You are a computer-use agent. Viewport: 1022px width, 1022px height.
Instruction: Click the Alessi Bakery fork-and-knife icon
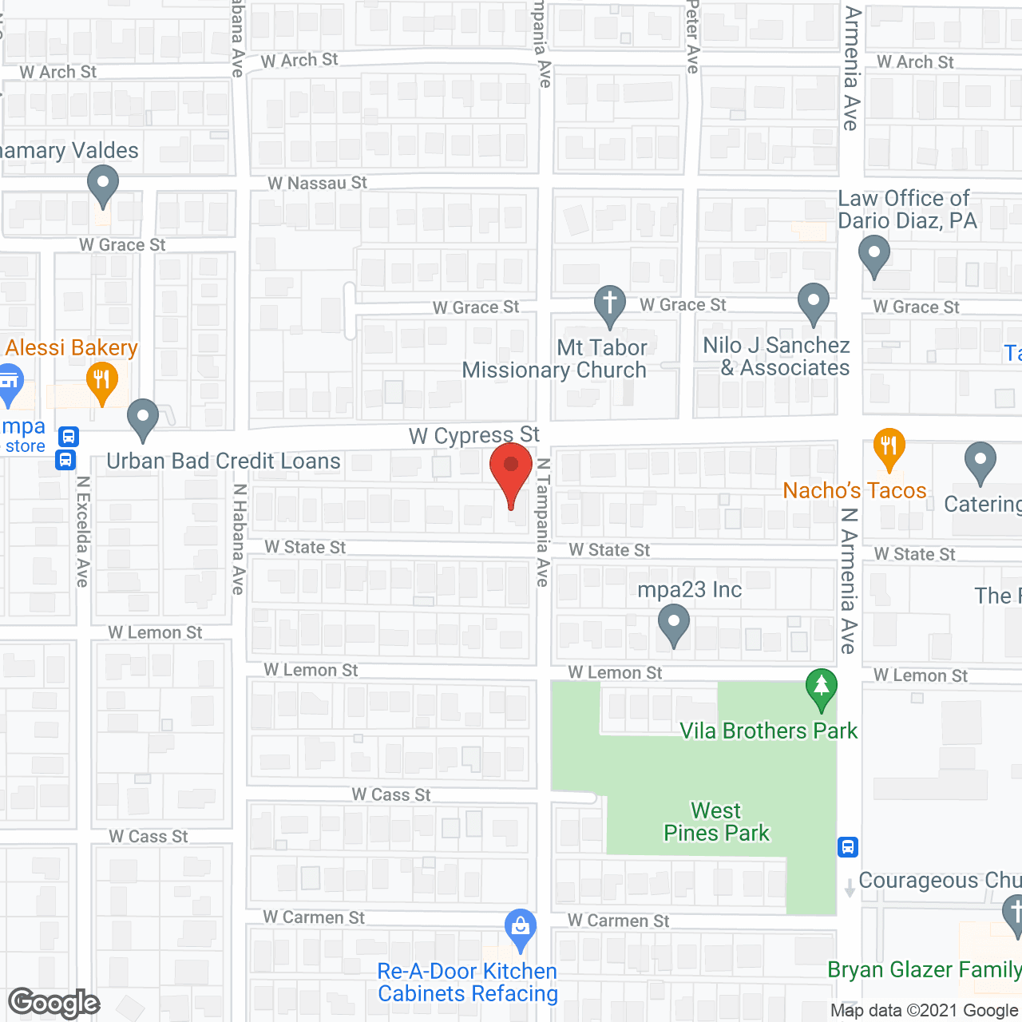(101, 381)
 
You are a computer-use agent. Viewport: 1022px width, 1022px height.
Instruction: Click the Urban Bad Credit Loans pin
(143, 418)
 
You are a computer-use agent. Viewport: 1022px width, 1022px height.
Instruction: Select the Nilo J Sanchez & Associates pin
(814, 304)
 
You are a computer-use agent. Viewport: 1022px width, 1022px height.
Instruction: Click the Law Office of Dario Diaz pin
(874, 255)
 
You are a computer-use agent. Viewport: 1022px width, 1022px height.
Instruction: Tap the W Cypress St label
(474, 436)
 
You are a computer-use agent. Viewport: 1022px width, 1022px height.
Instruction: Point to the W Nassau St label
(317, 184)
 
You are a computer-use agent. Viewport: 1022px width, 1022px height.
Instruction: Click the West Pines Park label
(716, 822)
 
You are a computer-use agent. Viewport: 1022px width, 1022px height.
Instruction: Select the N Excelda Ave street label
(82, 531)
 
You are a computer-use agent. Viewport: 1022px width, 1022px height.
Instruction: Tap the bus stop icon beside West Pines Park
(848, 846)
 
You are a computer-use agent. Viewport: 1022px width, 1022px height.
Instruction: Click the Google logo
(54, 1003)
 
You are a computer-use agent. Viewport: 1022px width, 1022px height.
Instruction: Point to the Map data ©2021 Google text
(925, 1011)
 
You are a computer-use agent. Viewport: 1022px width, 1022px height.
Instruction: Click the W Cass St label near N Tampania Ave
(391, 795)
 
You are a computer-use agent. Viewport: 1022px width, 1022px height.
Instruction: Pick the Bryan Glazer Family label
(924, 969)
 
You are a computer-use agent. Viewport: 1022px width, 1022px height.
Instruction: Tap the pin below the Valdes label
(102, 185)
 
